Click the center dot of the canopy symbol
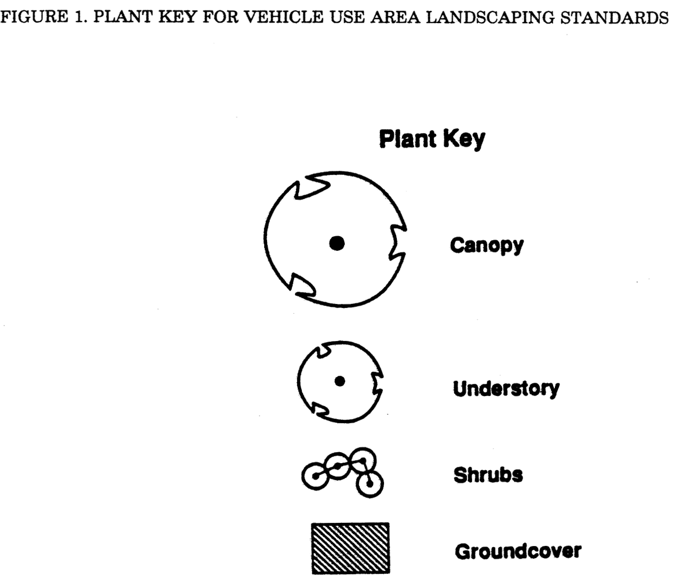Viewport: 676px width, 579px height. (x=337, y=244)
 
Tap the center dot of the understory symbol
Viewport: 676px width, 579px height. (x=340, y=380)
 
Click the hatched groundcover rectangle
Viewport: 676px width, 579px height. (x=350, y=548)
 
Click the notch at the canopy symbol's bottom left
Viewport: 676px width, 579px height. (x=301, y=285)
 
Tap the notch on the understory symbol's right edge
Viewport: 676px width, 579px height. (x=378, y=383)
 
